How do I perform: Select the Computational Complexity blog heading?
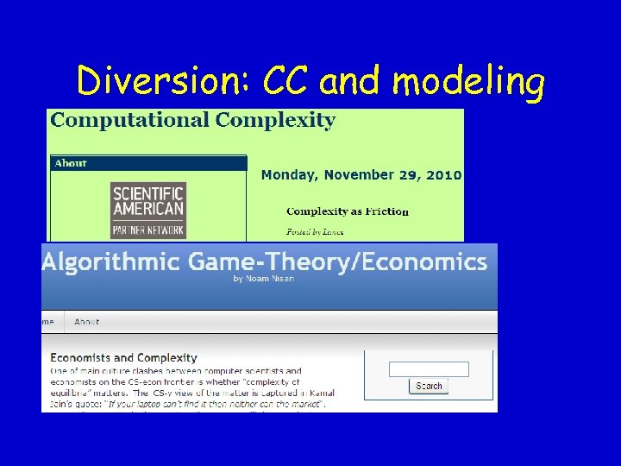[192, 120]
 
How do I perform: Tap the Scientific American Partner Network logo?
[148, 210]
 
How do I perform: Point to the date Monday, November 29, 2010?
[361, 174]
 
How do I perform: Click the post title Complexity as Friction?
[347, 211]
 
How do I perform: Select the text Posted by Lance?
[315, 231]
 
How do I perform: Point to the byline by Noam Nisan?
[263, 279]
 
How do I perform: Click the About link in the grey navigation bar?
[86, 322]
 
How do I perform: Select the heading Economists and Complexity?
[123, 357]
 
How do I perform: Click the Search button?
[428, 386]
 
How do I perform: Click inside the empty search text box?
[428, 369]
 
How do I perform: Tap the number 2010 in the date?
[442, 174]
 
